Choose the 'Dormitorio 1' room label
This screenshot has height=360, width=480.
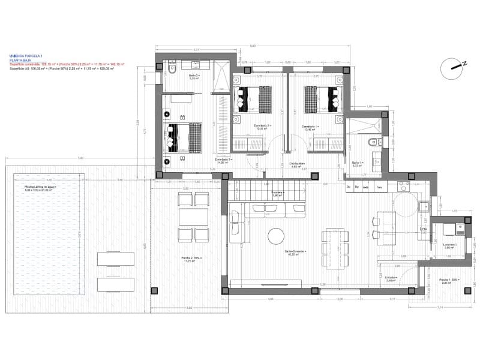pos(310,127)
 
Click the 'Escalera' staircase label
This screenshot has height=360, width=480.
pos(277,194)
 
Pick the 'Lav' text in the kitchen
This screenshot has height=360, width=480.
pos(422,229)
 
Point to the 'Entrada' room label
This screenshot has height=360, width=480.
pos(391,277)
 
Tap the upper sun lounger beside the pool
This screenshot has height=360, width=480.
pos(116,259)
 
